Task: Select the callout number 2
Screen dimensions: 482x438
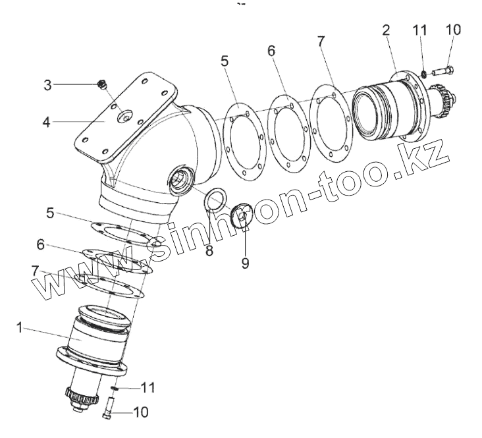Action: coord(386,30)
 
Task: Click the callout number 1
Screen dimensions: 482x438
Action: coord(20,327)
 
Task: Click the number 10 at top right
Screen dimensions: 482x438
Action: coord(452,30)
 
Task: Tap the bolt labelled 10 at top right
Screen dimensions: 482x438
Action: coord(443,70)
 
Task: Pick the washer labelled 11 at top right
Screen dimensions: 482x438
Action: coord(424,72)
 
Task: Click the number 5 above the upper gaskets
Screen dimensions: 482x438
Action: coord(225,61)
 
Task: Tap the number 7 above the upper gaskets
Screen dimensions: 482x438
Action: coord(321,41)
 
